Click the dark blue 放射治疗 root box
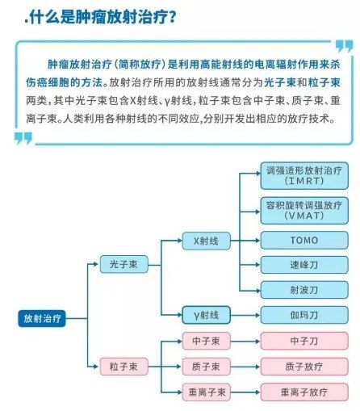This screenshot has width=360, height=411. point(42,318)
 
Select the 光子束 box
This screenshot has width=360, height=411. point(124,264)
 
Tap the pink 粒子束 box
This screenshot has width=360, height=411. point(124,367)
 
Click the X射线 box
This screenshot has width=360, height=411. point(207,241)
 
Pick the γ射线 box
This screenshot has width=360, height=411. point(207,315)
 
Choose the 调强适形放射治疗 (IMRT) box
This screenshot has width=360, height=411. point(304,175)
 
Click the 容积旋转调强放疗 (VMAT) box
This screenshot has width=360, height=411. point(304,211)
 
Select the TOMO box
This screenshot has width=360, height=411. point(304,240)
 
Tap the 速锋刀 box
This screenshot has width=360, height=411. point(304,265)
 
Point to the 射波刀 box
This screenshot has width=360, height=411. point(304,290)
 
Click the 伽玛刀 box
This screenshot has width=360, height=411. point(304,315)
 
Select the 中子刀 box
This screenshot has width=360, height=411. point(304,341)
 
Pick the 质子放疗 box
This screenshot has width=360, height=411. point(304,367)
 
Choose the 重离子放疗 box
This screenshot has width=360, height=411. point(304,392)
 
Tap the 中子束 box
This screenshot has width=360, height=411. point(207,341)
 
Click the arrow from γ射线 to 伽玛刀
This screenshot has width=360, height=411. point(245,315)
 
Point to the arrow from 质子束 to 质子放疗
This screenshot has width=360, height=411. point(245,367)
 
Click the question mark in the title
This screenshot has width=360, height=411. point(172,17)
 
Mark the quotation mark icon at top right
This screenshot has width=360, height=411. point(345,46)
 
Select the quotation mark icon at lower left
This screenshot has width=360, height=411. point(23,138)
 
